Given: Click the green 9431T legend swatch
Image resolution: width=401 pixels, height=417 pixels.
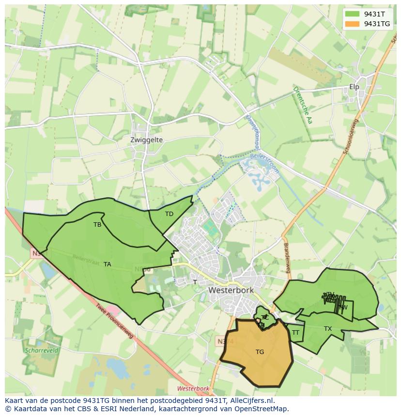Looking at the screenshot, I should pos(352,14).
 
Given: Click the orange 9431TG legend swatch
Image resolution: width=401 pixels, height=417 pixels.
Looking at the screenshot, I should pos(352,24).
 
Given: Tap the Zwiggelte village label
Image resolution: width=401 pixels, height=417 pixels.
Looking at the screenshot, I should pos(146,140).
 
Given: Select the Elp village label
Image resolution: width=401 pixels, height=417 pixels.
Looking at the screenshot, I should pos(354,87).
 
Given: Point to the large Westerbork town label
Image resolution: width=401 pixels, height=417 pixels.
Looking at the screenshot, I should pos(231,290).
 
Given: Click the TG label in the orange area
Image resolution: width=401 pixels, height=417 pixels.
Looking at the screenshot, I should pos(260,352).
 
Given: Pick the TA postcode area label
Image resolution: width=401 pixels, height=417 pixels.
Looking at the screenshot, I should pos(108,264).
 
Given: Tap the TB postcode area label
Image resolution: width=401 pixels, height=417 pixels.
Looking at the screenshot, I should pos(97,225).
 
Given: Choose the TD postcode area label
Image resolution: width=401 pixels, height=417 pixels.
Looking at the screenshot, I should pos(169,214).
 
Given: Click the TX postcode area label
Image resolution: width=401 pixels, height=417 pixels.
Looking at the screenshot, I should pos(328,329).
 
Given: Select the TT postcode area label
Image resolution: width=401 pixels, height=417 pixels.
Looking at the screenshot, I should pos(295,333).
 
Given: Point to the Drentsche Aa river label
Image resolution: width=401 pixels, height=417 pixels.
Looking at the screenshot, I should pos(302,105).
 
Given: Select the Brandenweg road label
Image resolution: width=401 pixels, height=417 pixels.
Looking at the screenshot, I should pos(286,257).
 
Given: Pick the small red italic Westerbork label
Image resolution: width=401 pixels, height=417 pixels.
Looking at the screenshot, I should pos(193,389).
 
